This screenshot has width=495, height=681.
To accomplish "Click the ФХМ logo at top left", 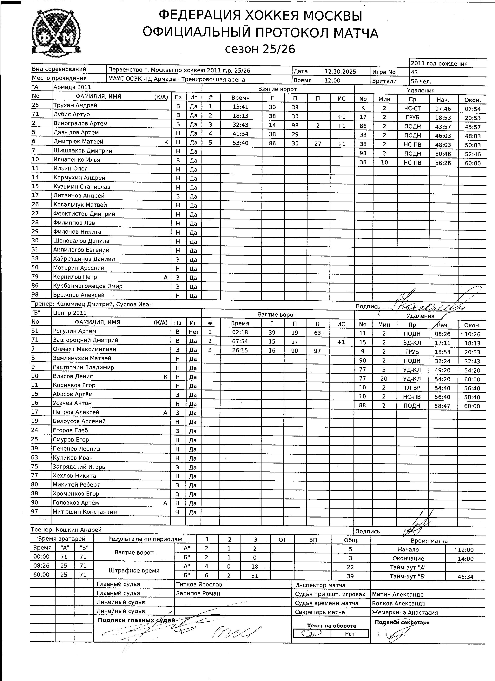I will tap(56, 33).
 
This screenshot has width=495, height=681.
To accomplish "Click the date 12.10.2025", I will tap(340, 71).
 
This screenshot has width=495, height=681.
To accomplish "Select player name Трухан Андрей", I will tap(75, 105).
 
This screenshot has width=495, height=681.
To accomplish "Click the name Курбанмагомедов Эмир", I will tap(88, 286).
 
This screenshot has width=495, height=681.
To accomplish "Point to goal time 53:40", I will tap(241, 143).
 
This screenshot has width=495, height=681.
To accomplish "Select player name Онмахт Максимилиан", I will tap(84, 349).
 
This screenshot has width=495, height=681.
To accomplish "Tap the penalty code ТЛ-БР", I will tap(412, 388).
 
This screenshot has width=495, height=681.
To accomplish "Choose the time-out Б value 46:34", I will tap(465, 577).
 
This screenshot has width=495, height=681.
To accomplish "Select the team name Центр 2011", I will tap(70, 313).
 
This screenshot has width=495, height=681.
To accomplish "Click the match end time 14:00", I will tap(465, 559).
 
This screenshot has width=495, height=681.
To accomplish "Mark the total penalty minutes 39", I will tap(350, 576).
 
